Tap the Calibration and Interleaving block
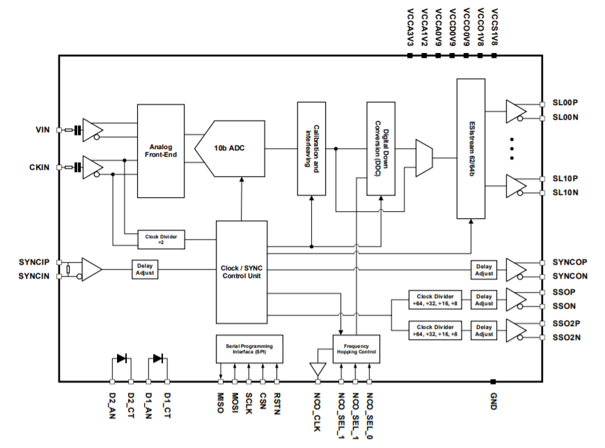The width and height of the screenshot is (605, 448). [x=311, y=148]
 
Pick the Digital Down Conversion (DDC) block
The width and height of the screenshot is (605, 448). [x=381, y=148]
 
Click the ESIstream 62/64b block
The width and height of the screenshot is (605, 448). [x=471, y=148]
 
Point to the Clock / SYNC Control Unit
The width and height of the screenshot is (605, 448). [x=242, y=272]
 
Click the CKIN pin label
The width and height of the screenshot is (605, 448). [x=40, y=167]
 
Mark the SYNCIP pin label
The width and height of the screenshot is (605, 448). [x=34, y=263]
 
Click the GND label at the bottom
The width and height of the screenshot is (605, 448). [x=493, y=402]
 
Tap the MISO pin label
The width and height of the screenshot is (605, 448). [x=221, y=403]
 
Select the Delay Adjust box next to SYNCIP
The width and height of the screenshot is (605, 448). [x=145, y=269]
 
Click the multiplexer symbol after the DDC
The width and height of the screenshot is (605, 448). [x=423, y=157]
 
